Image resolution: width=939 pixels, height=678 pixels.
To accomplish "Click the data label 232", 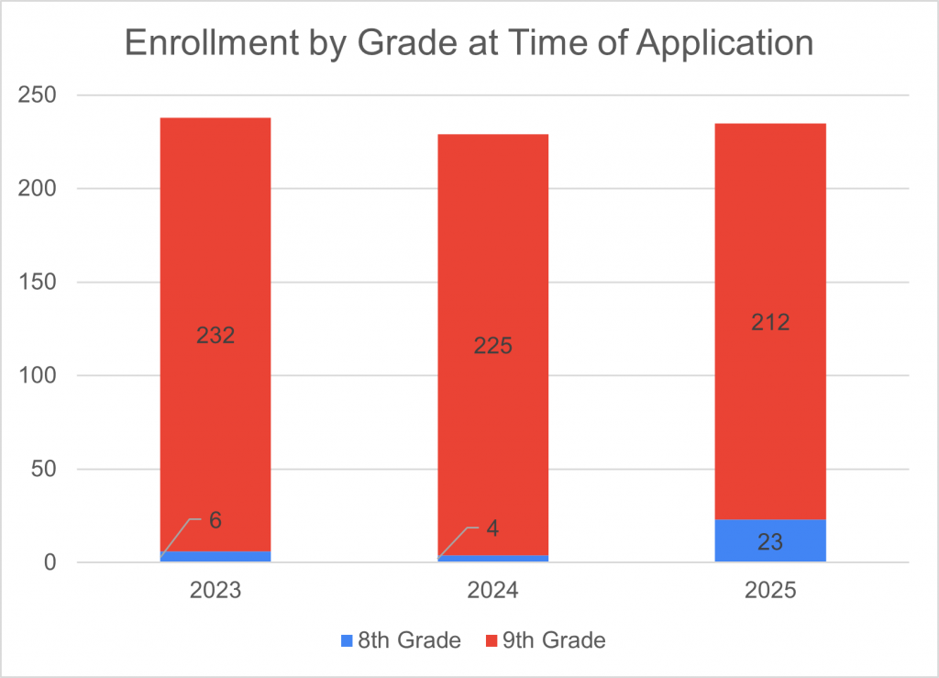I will [215, 335].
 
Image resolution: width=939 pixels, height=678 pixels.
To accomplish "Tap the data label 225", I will [493, 346].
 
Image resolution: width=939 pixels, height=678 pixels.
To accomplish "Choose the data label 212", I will [770, 323].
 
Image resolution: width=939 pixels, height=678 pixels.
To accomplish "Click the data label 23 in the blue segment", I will [770, 542].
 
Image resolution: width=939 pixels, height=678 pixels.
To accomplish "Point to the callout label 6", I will [215, 520].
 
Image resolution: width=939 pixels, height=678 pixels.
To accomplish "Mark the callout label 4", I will [492, 528].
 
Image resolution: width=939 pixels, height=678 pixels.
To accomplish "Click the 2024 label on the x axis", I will [493, 590].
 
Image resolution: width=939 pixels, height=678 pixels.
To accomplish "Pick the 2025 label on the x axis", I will [770, 590].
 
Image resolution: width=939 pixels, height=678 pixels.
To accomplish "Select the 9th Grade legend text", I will [554, 640].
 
